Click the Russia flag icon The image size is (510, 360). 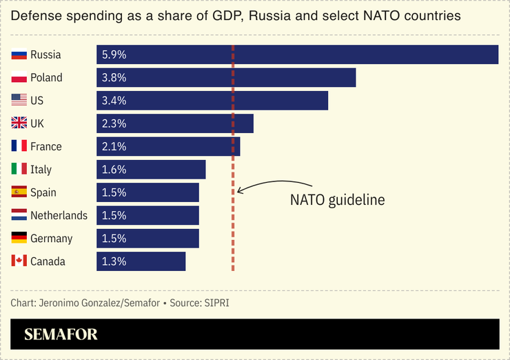[x=19, y=54]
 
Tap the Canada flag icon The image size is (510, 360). [x=19, y=261]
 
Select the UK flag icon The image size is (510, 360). [x=19, y=123]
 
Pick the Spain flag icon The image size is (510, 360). [x=19, y=192]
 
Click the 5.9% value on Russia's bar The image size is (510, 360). [x=114, y=54]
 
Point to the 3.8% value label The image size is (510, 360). [x=114, y=77]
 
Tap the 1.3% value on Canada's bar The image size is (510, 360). [x=114, y=261]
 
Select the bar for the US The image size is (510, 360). [x=212, y=101]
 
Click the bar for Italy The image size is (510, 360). [x=151, y=170]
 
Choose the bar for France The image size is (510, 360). [x=168, y=146]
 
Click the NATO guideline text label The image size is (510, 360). [x=337, y=200]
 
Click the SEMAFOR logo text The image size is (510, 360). [x=61, y=335]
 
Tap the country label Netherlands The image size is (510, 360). [x=59, y=215]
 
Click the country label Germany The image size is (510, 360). [x=52, y=239]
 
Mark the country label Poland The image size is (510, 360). [x=46, y=77]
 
